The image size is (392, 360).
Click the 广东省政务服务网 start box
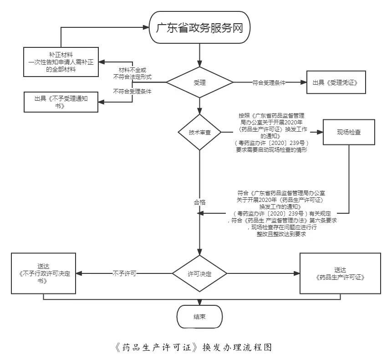coord(199,27)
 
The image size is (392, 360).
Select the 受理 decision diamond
coord(199,82)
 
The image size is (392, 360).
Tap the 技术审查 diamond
coord(199,133)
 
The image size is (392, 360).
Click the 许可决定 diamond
coord(199,274)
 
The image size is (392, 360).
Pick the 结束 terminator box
coord(199,317)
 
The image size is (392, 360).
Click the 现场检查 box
coord(349,132)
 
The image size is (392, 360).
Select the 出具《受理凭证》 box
coord(336,82)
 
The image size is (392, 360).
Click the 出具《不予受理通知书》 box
coord(61,102)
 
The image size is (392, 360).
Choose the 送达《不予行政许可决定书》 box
coord(43,273)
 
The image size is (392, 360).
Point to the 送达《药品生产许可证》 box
coord(340,273)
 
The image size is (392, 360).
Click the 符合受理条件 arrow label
coord(269,83)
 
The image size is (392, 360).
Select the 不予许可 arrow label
coord(124,274)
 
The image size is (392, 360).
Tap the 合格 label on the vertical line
coord(199,202)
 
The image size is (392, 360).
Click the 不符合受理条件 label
coord(132,91)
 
